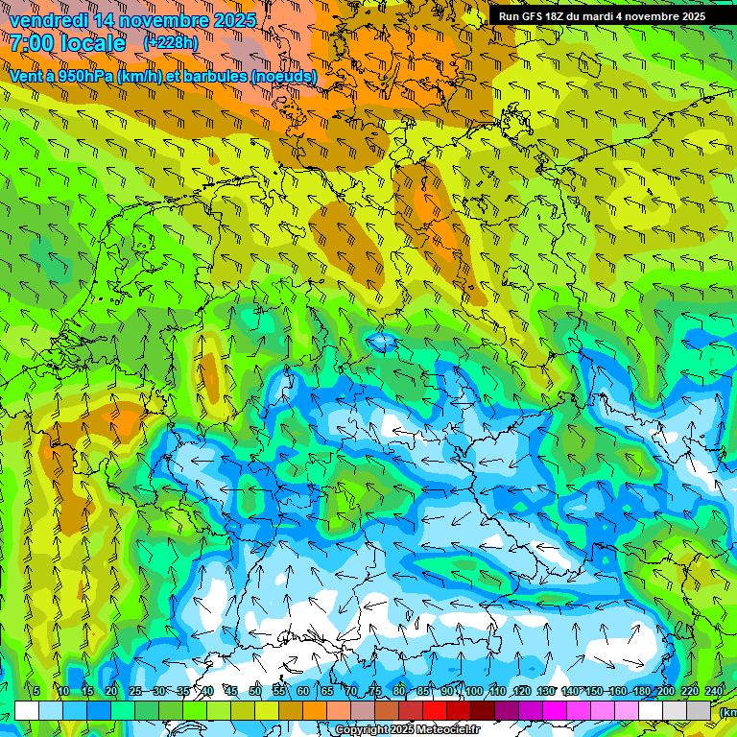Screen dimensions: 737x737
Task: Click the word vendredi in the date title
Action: [x=49, y=19]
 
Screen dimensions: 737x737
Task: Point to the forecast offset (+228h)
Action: [x=171, y=42]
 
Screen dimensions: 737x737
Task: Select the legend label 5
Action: [x=36, y=691]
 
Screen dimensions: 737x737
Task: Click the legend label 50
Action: [x=254, y=691]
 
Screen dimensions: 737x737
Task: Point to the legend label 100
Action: [x=473, y=691]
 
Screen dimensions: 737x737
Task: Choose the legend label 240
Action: [x=714, y=691]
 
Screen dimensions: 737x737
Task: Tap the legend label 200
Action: [x=666, y=691]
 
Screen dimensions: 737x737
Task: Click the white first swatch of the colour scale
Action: [x=27, y=710]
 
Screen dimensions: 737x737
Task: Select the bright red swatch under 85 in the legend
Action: [x=435, y=710]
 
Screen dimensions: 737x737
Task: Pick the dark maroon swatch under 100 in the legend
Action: [x=483, y=710]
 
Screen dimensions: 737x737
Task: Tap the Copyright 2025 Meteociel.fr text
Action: [x=406, y=730]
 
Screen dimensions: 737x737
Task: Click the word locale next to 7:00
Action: [x=92, y=43]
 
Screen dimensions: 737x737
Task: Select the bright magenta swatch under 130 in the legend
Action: [x=555, y=710]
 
